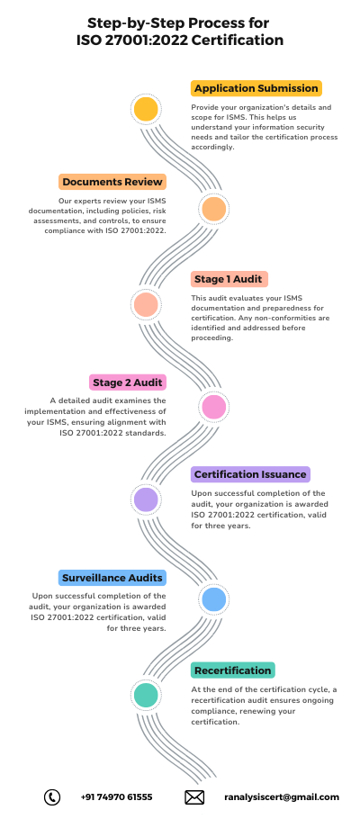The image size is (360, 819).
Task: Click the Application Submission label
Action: point(256,88)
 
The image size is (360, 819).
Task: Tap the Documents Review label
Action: point(112,182)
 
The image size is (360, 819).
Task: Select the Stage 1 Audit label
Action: point(229,279)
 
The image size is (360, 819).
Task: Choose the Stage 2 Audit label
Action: point(128,382)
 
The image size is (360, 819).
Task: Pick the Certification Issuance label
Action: point(250,474)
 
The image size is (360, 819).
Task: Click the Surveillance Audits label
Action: point(112,578)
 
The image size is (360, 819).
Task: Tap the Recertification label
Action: point(232,670)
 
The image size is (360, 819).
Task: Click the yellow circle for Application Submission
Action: point(146,109)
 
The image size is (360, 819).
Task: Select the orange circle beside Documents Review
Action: point(213,209)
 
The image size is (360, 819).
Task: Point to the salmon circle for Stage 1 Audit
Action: point(146,304)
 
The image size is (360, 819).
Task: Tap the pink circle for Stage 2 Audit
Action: point(213,407)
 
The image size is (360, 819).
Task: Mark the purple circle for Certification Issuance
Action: point(146,499)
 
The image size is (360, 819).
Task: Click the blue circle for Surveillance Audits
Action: point(213,598)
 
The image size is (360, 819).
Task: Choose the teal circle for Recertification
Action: point(146,695)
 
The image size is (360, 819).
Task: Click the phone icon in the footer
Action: point(51,797)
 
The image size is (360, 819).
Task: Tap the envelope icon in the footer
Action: point(194,797)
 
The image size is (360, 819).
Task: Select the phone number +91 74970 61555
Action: point(116,797)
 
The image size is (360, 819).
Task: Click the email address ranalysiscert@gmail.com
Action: point(282,797)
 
